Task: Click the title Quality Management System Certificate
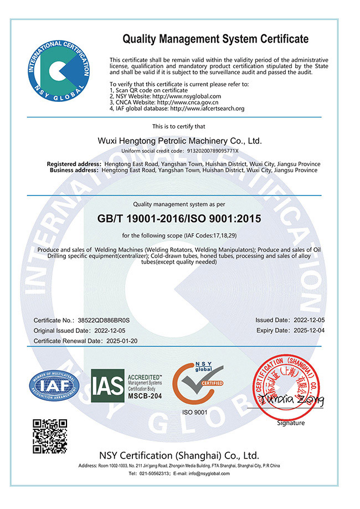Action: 215,39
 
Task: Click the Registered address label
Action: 74,164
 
